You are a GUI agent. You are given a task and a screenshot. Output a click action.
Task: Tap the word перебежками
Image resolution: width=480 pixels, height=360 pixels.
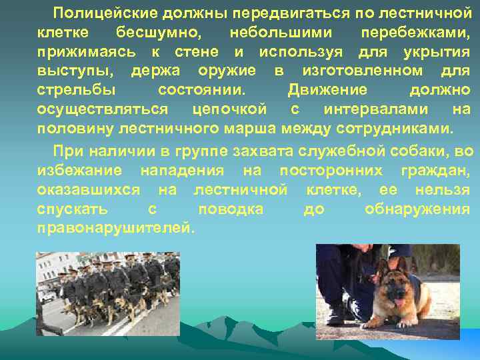coord(415,32)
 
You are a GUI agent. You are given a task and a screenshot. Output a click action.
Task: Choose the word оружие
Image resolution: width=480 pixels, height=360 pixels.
coord(227,71)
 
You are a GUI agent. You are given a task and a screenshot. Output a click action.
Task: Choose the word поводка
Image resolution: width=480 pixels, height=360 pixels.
coord(230,209)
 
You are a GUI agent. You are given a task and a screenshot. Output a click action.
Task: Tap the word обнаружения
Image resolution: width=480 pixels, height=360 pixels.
coord(417,209)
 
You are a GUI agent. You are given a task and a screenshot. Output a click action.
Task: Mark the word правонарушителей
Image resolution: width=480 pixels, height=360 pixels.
coord(117,228)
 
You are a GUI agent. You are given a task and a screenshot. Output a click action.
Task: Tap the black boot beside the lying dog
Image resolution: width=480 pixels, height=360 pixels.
coord(336,313)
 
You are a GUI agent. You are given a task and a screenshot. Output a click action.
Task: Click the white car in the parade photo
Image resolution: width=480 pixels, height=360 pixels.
coord(48,297)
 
